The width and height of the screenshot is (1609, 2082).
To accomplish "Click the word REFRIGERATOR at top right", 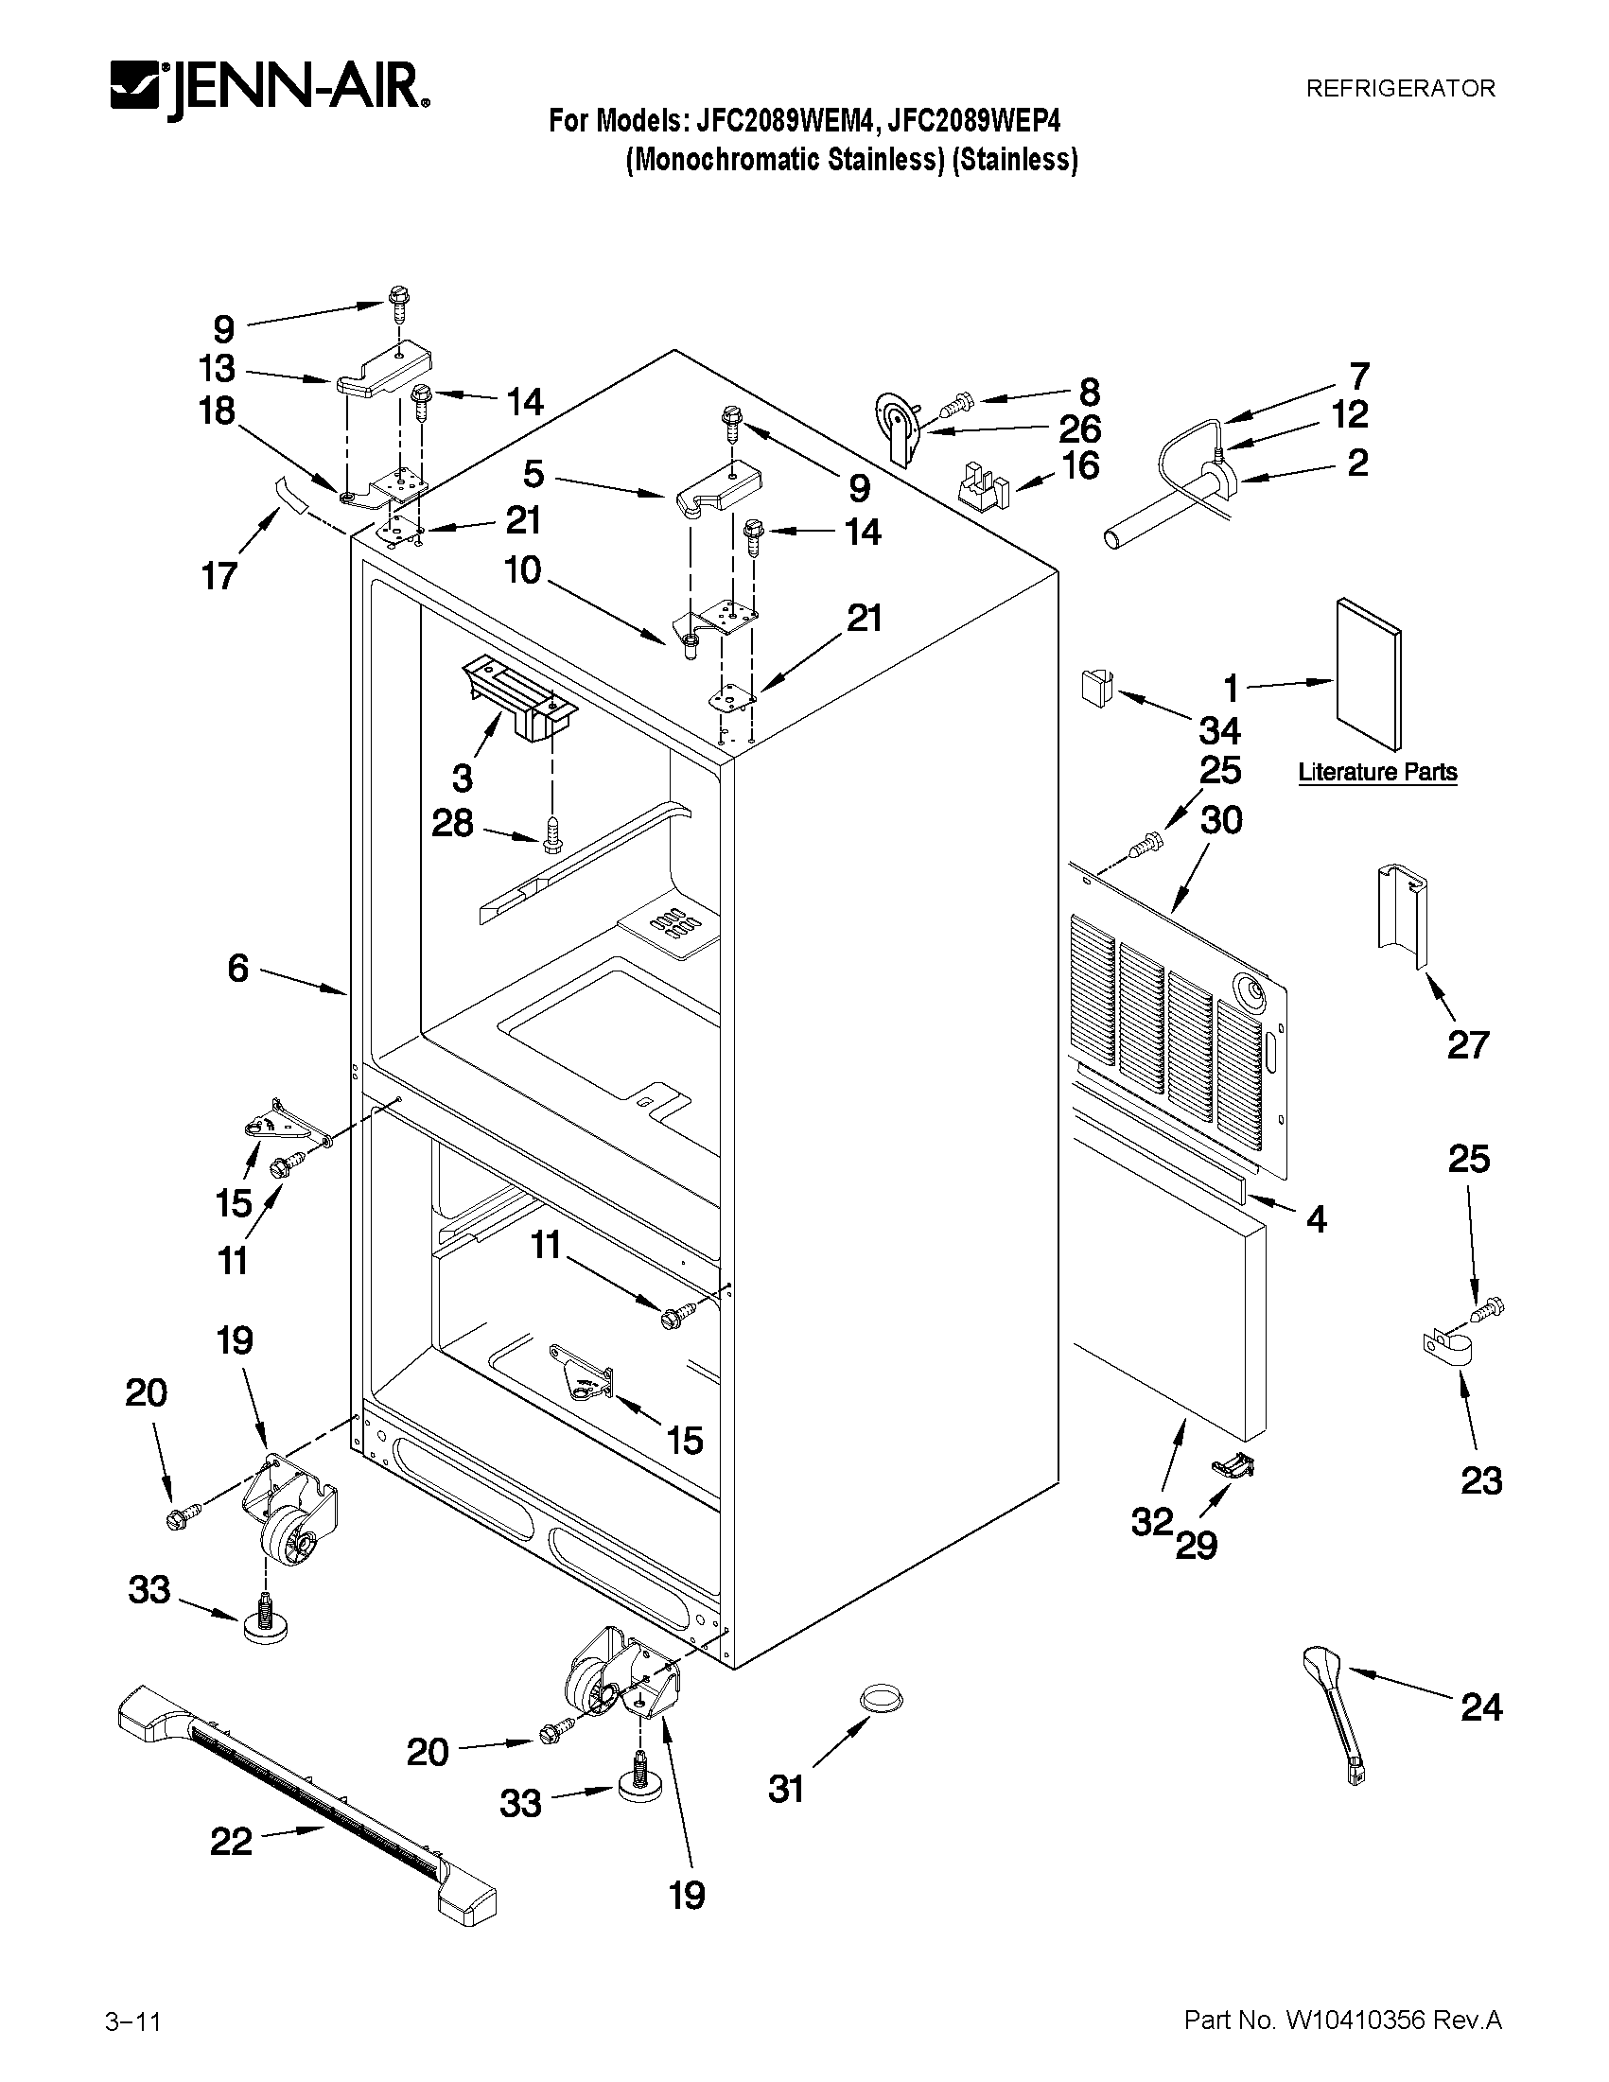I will pos(1399,89).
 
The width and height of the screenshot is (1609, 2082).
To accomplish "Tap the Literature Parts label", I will pos(1377,772).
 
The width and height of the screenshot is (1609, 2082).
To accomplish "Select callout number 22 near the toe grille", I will pos(231,1841).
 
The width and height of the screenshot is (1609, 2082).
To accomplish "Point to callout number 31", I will pos(786,1790).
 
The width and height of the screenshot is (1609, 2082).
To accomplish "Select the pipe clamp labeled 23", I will pos(1443,1355).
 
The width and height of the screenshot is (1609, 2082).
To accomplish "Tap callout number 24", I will pos(1481,1706).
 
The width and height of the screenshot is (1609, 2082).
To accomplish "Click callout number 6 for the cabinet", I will pos(238,969).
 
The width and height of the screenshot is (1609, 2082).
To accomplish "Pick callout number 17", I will pos(219,576).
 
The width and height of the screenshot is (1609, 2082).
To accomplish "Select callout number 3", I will pos(463,778).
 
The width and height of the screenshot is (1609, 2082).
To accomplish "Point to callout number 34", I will pos(1219,731).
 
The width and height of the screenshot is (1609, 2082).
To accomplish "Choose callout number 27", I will pos(1467,1045).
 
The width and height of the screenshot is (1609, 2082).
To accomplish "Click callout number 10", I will pos(522,570).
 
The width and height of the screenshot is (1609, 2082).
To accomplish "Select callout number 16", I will pos(1080,465).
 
